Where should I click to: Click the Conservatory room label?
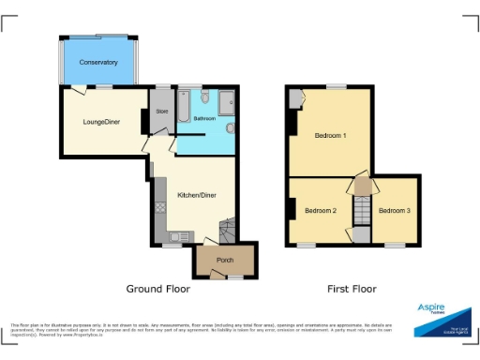point(98,63)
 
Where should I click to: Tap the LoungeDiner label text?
point(100,122)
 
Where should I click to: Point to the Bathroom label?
point(204,119)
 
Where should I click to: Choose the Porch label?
point(225,260)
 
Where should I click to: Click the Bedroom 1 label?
point(330,136)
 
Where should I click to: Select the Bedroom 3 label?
point(395,210)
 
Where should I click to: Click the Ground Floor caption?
point(157,289)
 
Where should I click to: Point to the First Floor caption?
point(352,289)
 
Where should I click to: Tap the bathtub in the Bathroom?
point(185,106)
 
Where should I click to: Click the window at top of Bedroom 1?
point(336,86)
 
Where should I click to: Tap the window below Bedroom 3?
point(395,246)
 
